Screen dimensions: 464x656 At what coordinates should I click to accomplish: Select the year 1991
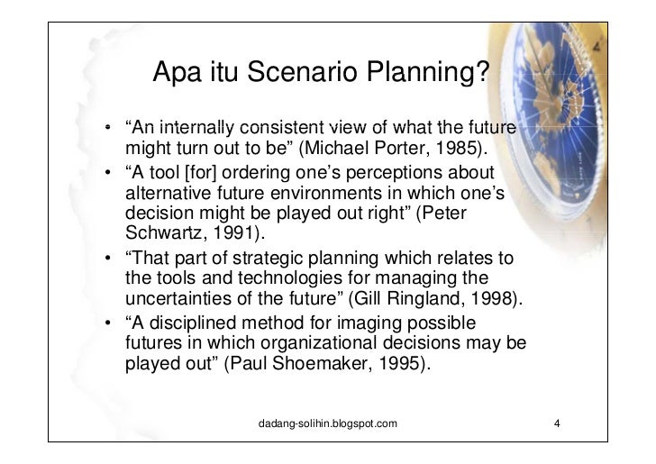[x=232, y=237]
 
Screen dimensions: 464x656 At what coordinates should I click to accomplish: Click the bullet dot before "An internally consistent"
[x=107, y=128]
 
